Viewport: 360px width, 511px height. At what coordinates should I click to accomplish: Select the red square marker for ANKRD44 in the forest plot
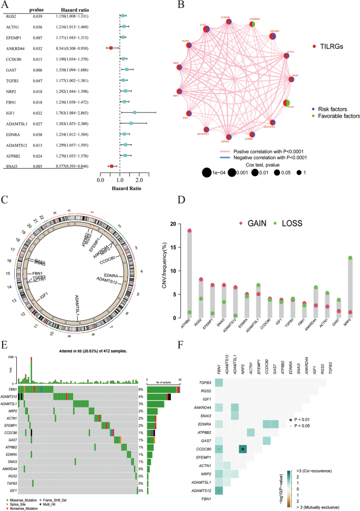(x=110, y=48)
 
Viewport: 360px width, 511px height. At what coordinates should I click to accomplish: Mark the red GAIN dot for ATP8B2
(x=189, y=216)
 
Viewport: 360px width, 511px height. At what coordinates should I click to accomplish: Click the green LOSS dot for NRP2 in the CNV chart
(x=349, y=257)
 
